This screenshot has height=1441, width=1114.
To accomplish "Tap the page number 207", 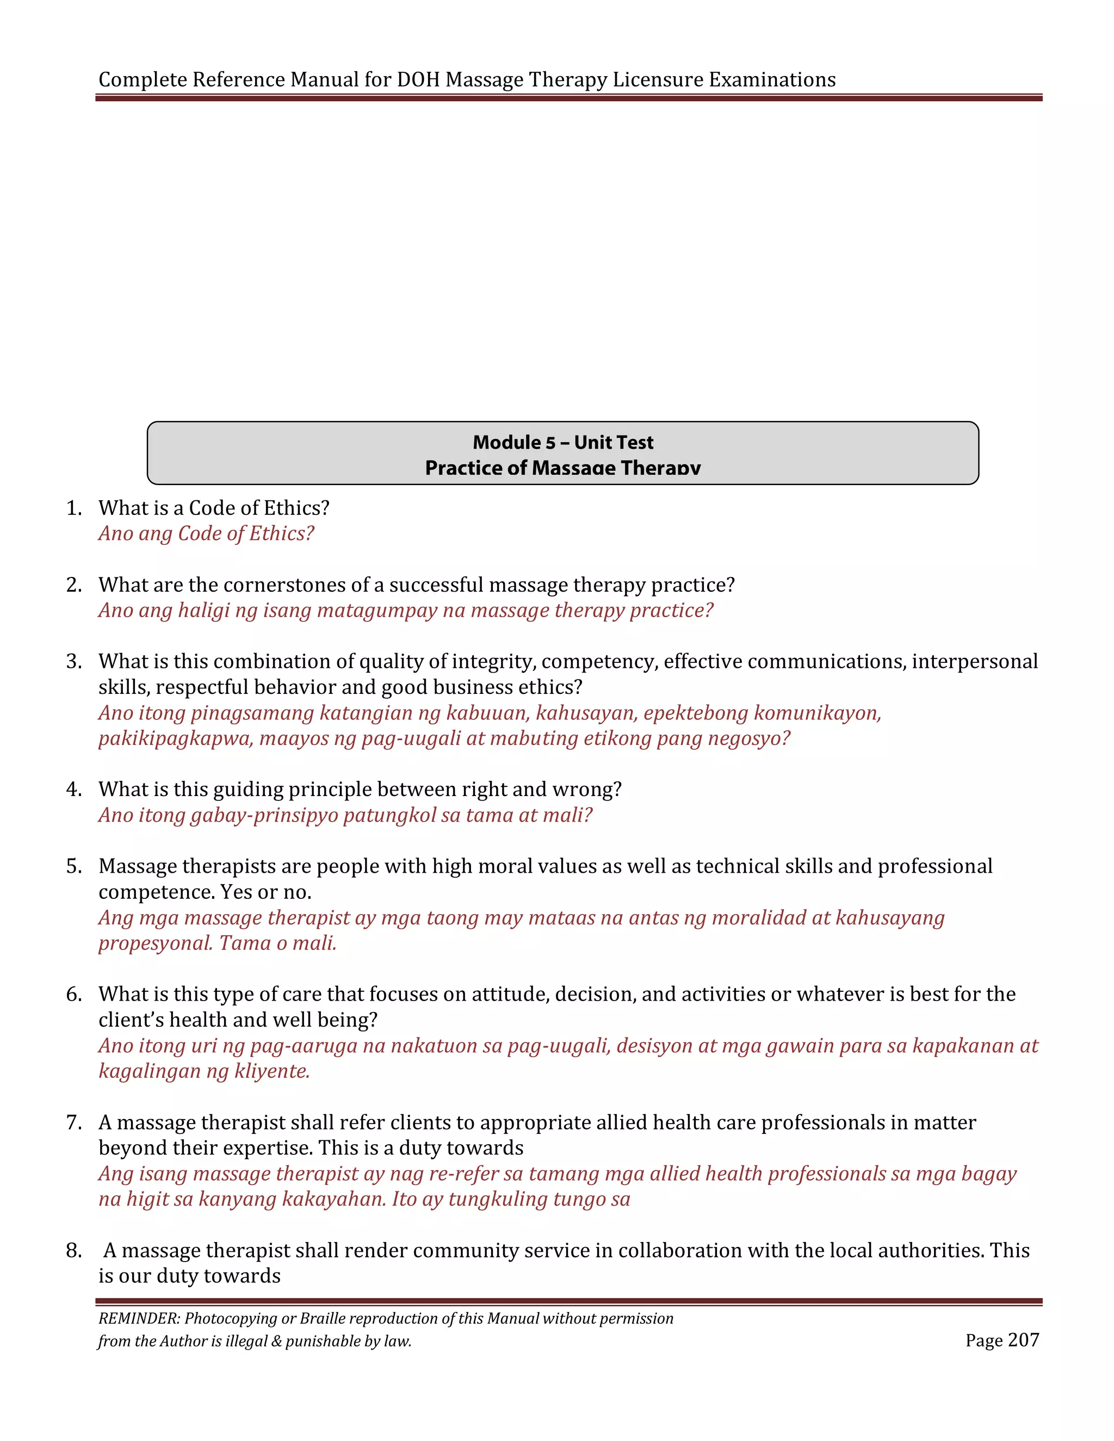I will [x=1024, y=1340].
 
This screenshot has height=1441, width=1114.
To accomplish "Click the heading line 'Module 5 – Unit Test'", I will [x=563, y=442].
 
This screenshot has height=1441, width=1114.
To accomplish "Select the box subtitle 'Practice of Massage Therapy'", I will [x=563, y=467].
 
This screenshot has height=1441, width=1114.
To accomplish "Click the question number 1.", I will [x=73, y=508].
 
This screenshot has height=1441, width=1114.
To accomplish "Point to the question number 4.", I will [x=73, y=789].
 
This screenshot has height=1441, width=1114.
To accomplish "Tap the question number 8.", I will [x=73, y=1250].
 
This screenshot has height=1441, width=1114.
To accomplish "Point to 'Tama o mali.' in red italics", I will [x=278, y=943].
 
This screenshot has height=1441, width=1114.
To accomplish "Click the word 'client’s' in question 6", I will [x=132, y=1020].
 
